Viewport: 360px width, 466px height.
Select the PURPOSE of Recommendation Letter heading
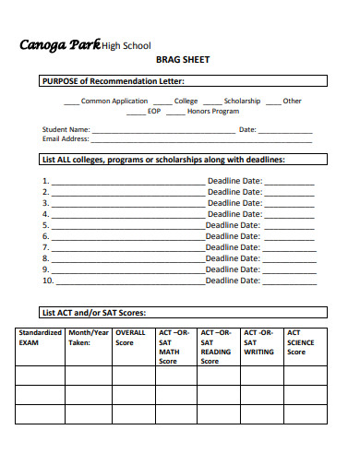pos(120,81)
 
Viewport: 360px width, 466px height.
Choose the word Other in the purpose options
pos(292,101)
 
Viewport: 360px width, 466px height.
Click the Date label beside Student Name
pos(247,129)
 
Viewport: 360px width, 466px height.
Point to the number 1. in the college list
pos(45,181)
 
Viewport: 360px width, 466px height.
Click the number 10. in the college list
pos(48,281)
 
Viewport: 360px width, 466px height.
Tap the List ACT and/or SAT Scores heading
pos(94,312)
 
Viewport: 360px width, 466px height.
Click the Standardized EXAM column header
pos(41,337)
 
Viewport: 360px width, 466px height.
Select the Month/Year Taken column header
pos(89,337)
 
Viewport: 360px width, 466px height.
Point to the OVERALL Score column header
pos(131,337)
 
